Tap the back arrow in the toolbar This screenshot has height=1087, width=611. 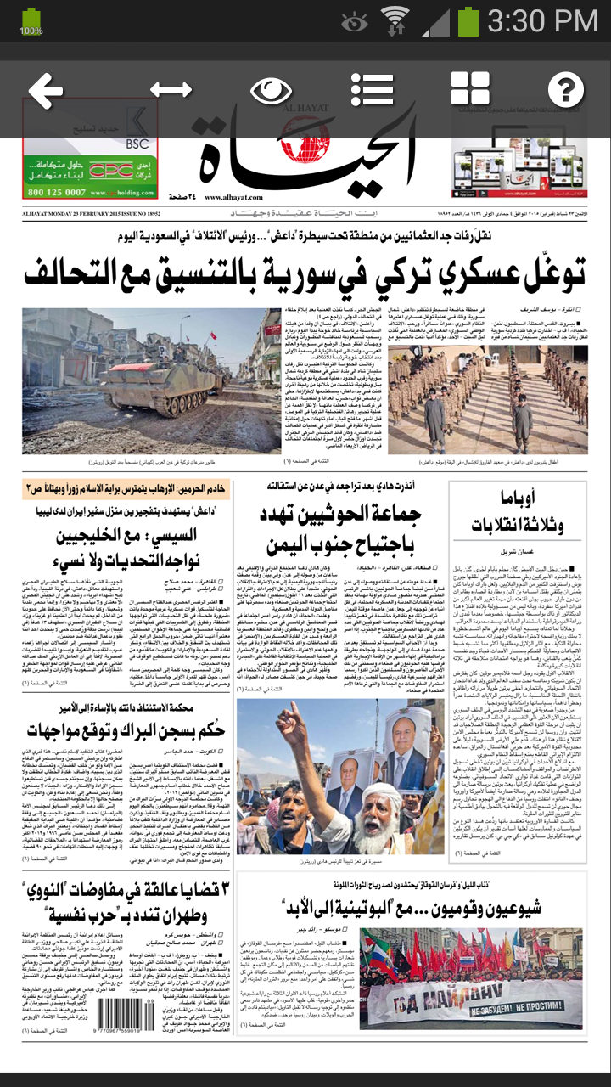tap(46, 89)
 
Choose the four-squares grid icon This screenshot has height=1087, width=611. tap(470, 89)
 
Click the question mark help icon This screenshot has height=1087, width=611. tap(566, 89)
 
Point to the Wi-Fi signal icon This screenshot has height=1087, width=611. tap(395, 20)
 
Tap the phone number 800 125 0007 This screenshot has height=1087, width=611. tap(67, 192)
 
